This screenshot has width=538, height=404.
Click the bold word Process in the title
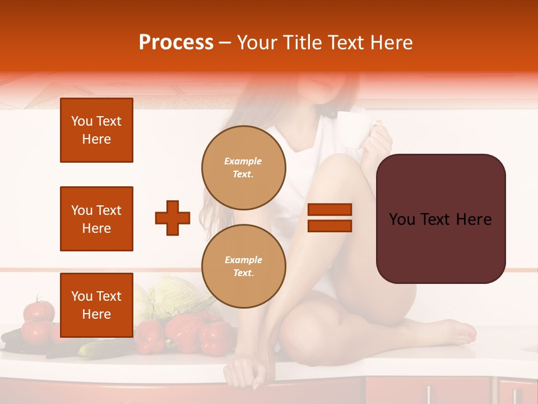(176, 43)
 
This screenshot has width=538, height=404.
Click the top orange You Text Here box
(96, 130)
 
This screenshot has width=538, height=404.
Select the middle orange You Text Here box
(96, 219)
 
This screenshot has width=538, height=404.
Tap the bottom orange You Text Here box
(96, 305)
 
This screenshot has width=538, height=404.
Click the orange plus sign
(173, 218)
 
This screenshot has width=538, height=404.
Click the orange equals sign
(330, 218)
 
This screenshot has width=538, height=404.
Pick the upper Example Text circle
(243, 167)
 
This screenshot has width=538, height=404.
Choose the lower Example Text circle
(243, 266)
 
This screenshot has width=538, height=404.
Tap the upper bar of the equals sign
(330, 210)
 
